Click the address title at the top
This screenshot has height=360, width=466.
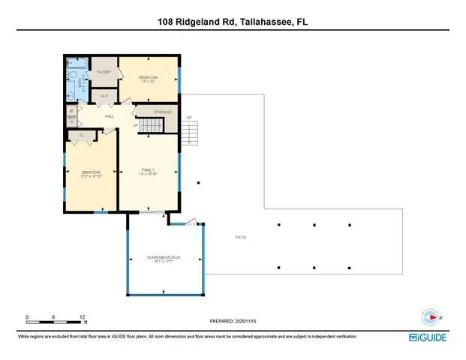233,22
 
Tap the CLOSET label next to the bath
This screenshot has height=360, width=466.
104,72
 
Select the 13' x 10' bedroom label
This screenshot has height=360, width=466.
148,79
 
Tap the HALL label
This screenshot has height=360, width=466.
109,116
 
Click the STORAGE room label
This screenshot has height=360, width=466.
163,112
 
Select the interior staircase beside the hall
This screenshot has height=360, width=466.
147,125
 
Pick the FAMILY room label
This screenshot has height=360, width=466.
148,172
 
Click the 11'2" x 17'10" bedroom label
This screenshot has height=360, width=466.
91,175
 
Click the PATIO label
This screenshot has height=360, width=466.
241,237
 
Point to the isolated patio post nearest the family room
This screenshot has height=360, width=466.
198,182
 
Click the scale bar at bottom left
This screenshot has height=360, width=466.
54,322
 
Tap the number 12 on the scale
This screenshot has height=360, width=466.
81,316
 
